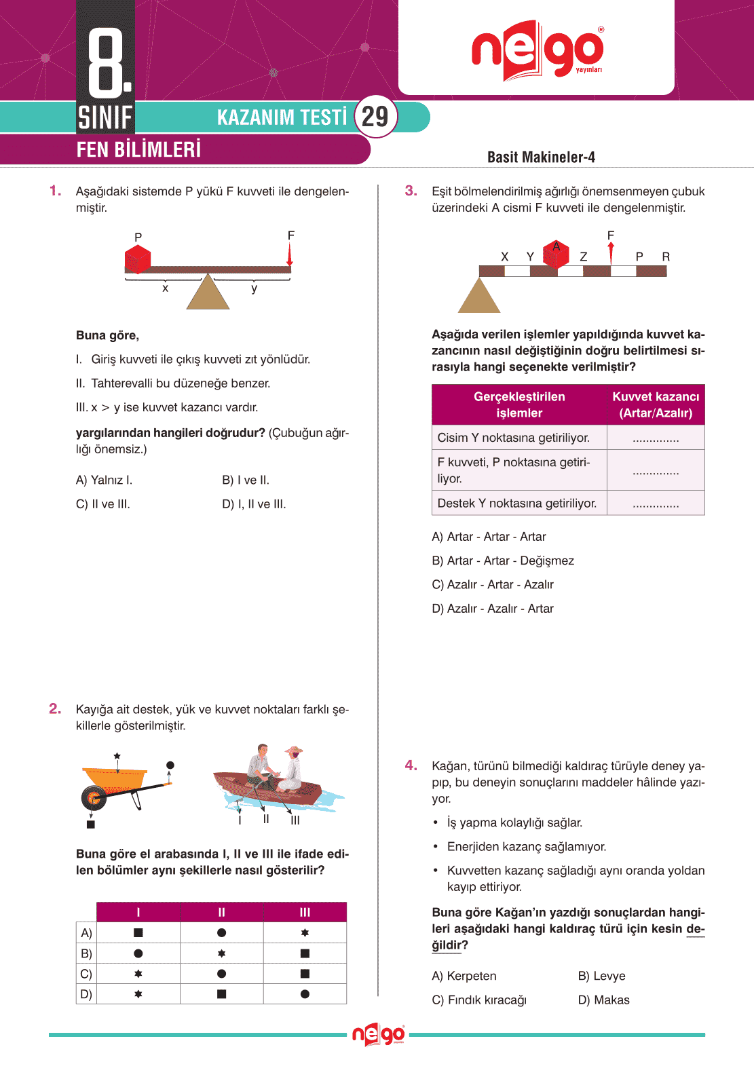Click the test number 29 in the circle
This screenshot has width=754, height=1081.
click(x=375, y=117)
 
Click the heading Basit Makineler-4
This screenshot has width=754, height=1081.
click(x=541, y=157)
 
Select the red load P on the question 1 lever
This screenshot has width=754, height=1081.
click(x=137, y=259)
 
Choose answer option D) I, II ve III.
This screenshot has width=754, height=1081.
click(x=254, y=504)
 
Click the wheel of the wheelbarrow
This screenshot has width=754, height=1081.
click(x=94, y=798)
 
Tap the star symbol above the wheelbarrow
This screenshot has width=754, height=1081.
click(x=117, y=755)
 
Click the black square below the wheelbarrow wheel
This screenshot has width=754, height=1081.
click(x=91, y=824)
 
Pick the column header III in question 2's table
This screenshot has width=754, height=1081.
click(x=305, y=912)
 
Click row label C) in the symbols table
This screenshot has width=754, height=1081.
click(x=86, y=974)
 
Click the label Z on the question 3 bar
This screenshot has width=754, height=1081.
click(x=583, y=257)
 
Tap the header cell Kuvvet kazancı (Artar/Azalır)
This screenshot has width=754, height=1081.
click(x=656, y=404)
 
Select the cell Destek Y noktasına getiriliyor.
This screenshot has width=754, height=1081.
click(x=517, y=503)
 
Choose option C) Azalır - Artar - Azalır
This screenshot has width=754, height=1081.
click(x=493, y=584)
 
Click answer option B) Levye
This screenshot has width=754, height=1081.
click(x=601, y=976)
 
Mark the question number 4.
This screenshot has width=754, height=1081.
click(x=411, y=765)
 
